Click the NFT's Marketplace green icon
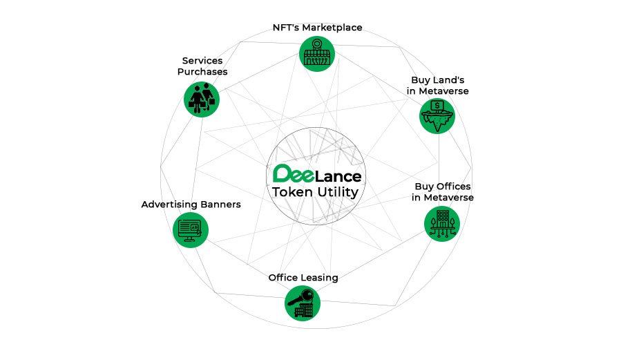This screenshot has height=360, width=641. coord(317,53)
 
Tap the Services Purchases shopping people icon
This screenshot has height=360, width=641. coord(201,99)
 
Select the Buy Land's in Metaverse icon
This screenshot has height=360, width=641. coord(437,115)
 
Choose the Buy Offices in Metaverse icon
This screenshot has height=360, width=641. coord(441,223)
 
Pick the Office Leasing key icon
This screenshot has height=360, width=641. coord(303,303)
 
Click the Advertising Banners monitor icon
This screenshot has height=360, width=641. coord(190,230)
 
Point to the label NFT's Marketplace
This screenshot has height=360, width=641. coord(317,28)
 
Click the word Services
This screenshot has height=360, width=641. coord(202,60)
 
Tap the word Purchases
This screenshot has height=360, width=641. coord(202,71)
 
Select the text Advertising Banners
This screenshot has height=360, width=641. coord(191,205)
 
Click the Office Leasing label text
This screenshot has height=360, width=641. coord(303,277)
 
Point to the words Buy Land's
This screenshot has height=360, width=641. coord(437,80)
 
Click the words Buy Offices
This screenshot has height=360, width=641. coord(443,187)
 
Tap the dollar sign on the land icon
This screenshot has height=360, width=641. coord(437,106)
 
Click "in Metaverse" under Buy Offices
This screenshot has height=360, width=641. coord(443,198)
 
